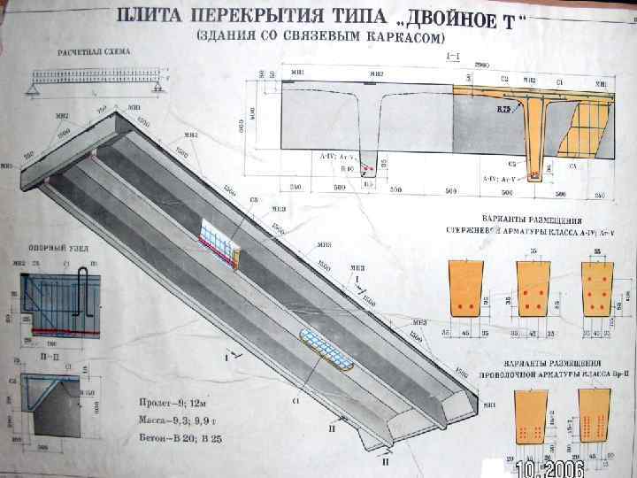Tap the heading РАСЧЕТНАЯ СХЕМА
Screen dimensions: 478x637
pyautogui.click(x=94, y=52)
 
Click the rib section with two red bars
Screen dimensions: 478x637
pyautogui.click(x=467, y=289)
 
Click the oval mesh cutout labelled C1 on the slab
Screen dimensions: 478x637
pyautogui.click(x=327, y=347)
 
